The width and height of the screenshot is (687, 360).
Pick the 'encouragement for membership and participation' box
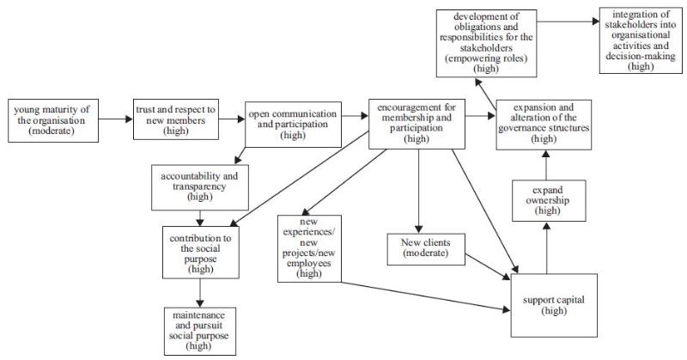[416, 121]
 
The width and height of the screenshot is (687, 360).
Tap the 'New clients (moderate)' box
[419, 248]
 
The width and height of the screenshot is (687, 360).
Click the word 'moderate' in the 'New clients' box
[419, 254]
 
